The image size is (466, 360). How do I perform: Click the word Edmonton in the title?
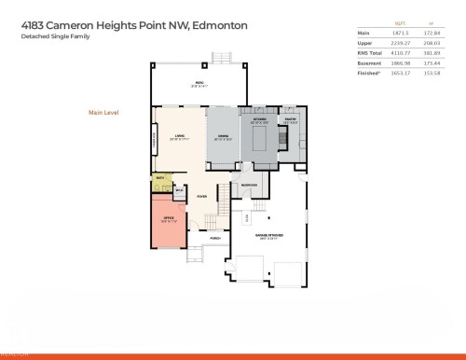(217, 26)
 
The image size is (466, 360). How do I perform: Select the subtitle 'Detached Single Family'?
(49, 38)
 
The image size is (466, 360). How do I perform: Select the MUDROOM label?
(250, 185)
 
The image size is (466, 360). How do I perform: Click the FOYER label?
(200, 197)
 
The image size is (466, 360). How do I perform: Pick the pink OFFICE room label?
(169, 219)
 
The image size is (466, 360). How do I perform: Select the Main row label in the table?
(365, 32)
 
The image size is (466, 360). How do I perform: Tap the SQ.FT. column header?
(402, 23)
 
